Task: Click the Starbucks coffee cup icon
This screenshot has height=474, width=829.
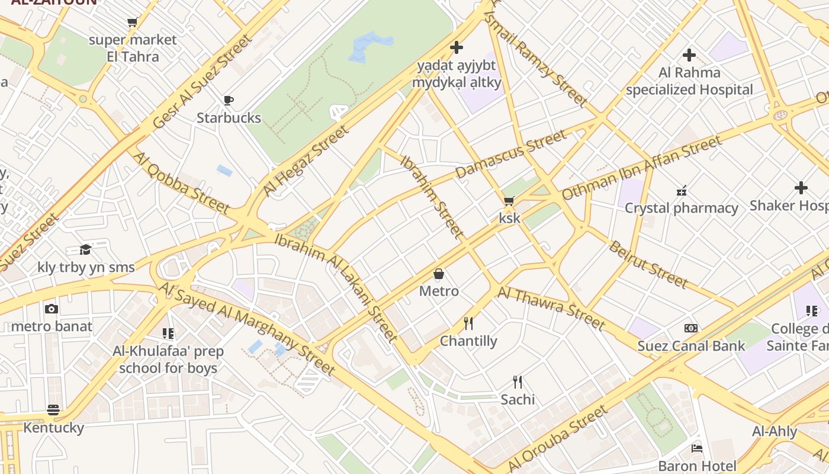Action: (229, 100)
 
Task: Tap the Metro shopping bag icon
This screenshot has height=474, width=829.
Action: (439, 274)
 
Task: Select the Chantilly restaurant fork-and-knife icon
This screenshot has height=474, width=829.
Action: (468, 323)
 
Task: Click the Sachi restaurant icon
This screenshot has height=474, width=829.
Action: (517, 382)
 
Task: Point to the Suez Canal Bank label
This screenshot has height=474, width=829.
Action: (691, 345)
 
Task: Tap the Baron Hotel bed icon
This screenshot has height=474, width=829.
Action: (697, 448)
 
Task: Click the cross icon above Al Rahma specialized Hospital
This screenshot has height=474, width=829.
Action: (689, 55)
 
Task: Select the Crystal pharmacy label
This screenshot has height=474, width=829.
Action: (681, 208)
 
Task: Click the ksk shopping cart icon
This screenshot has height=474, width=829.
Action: (509, 201)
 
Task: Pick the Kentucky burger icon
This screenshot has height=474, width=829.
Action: (53, 410)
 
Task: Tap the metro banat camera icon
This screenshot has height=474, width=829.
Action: (52, 309)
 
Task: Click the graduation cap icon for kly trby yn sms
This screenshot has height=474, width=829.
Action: (86, 249)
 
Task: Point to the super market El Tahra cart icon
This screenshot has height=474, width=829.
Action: (132, 23)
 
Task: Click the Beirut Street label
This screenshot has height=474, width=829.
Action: (648, 264)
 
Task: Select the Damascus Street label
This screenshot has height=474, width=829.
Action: (510, 154)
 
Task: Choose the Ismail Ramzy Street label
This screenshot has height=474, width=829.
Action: (536, 59)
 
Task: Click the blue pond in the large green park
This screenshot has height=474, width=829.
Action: (369, 47)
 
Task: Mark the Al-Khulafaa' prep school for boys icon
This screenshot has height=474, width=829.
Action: (168, 334)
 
